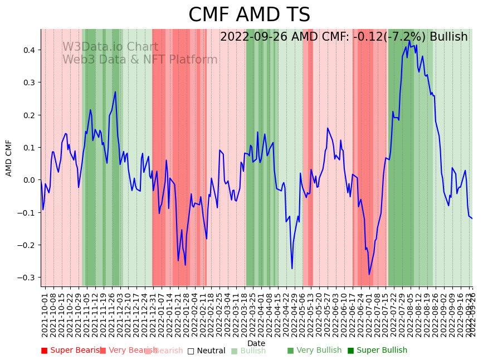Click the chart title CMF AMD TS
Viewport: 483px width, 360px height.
coord(249,15)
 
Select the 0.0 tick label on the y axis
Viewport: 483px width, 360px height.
coord(28,180)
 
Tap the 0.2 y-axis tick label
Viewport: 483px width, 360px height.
coord(28,115)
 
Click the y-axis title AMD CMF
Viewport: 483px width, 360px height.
coord(9,158)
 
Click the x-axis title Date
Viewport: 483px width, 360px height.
coord(256,343)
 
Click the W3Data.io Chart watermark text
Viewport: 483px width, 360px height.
coord(110,47)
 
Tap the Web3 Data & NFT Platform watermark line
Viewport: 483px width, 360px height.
coord(140,60)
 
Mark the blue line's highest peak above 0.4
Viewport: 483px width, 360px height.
coord(409,40)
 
